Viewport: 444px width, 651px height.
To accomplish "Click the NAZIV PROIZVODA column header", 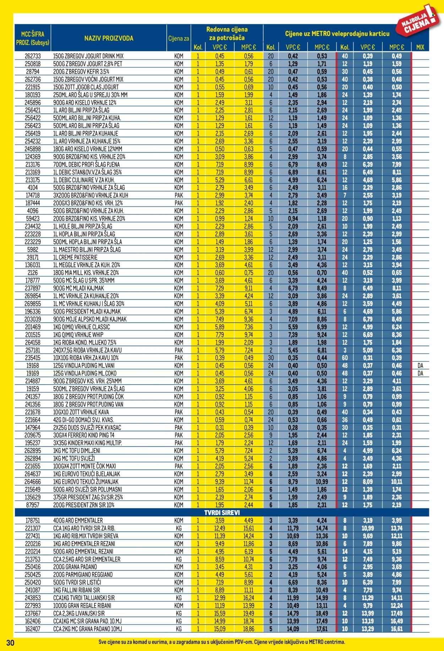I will coord(109,38).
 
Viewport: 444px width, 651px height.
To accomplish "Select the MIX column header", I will coord(420,47).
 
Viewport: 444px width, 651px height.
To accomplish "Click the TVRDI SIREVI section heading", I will coord(222,513).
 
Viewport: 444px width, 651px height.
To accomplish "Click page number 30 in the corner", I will coord(10,642).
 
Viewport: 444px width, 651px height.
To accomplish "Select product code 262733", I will coord(33,56).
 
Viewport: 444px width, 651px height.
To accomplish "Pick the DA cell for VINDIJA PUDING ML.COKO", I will coord(420,373).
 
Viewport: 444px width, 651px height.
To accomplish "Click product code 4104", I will coord(33,187).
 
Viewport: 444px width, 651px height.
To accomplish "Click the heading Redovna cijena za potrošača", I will coord(227,34).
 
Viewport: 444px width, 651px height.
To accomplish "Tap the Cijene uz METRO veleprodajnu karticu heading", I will coord(337,34).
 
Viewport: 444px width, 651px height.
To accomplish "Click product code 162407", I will coord(33,629).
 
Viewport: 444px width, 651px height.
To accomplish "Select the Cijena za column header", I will coord(178,38).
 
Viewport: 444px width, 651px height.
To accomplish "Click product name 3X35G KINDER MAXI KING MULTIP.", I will coord(87,443).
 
